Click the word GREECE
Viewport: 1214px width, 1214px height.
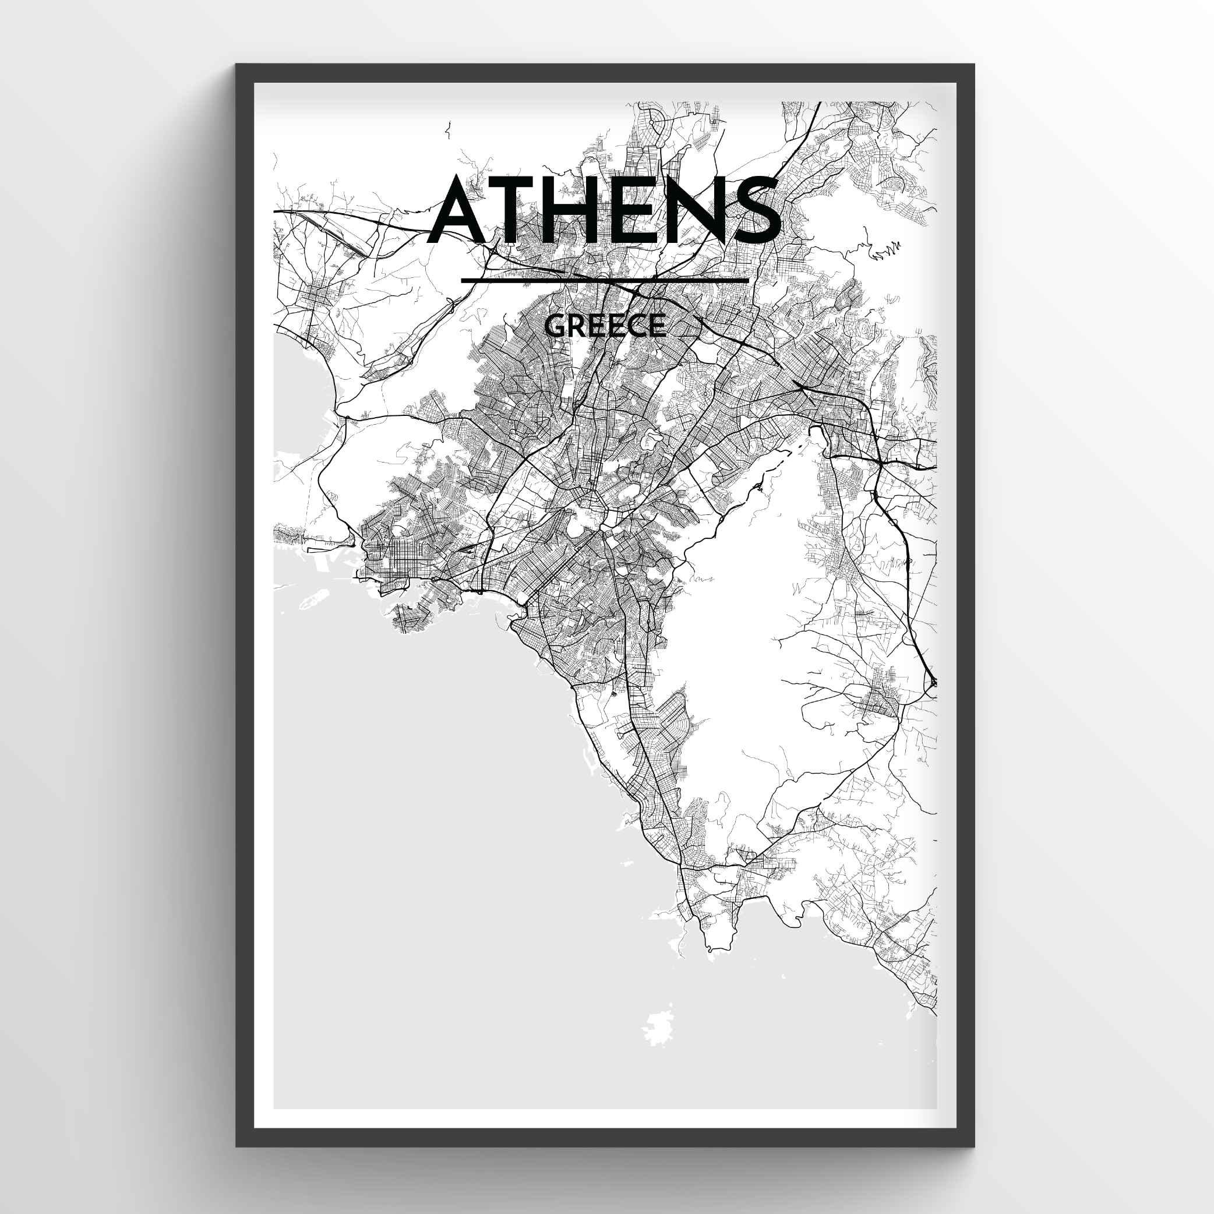[x=605, y=326]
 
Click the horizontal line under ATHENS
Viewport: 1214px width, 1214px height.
[x=605, y=280]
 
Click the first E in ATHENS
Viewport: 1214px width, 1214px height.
[x=644, y=210]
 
